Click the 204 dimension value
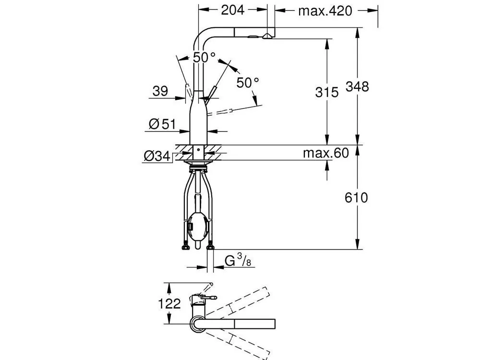(x=233, y=10)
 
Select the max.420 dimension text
(x=325, y=11)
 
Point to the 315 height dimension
(x=327, y=92)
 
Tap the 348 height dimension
(x=357, y=86)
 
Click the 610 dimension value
(x=356, y=197)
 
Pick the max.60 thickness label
(x=326, y=153)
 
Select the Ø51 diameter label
(x=162, y=124)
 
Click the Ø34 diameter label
(x=157, y=156)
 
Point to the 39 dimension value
(x=160, y=91)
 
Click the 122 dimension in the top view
(x=169, y=304)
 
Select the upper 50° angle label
(x=204, y=57)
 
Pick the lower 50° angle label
(x=248, y=83)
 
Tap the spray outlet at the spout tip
(x=267, y=36)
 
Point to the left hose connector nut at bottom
(x=185, y=246)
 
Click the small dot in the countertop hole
(x=198, y=150)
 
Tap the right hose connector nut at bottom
(x=210, y=246)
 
